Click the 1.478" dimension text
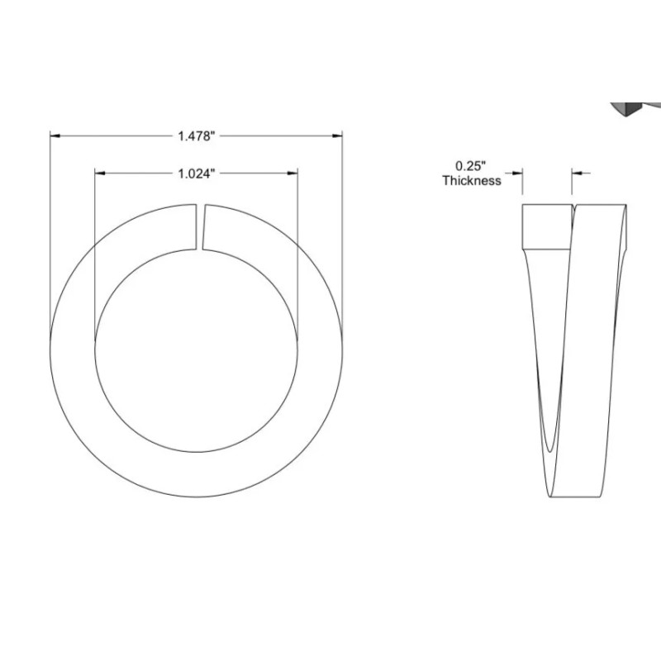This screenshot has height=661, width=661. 197,136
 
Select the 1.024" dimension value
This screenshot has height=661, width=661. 197,174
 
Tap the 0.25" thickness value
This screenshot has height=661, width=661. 470,166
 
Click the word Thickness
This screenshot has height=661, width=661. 472,180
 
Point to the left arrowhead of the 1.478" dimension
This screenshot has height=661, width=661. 55,136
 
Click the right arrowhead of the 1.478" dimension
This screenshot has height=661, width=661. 337,136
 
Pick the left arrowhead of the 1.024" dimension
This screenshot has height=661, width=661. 100,173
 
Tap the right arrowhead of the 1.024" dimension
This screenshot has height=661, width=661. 292,173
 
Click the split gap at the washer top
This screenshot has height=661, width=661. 200,226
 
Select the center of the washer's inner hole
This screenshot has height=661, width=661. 197,350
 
